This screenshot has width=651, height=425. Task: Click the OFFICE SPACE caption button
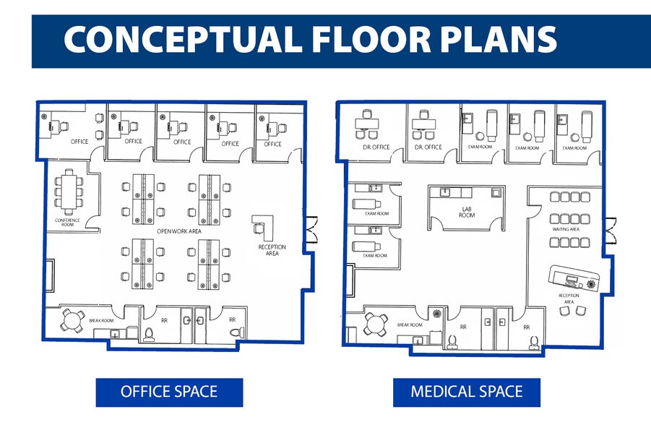click(169, 392)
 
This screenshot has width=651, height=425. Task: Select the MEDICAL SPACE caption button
click(466, 392)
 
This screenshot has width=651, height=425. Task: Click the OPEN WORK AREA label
click(173, 231)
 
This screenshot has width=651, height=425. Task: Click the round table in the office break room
click(72, 319)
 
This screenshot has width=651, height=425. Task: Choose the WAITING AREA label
click(566, 229)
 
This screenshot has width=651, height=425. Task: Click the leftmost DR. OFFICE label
click(376, 147)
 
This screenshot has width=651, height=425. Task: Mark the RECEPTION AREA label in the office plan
click(272, 250)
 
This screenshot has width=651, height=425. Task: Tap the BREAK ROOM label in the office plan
click(101, 320)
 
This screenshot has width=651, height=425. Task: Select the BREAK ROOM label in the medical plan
click(410, 325)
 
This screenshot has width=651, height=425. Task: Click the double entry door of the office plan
click(311, 231)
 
